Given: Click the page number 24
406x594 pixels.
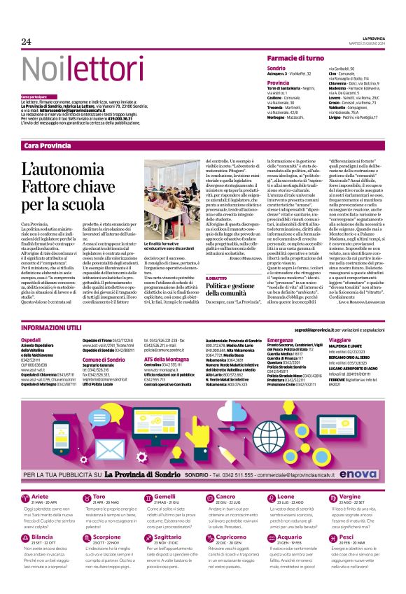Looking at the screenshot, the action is point(26,42).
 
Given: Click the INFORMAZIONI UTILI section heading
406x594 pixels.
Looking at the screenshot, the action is point(53,327).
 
